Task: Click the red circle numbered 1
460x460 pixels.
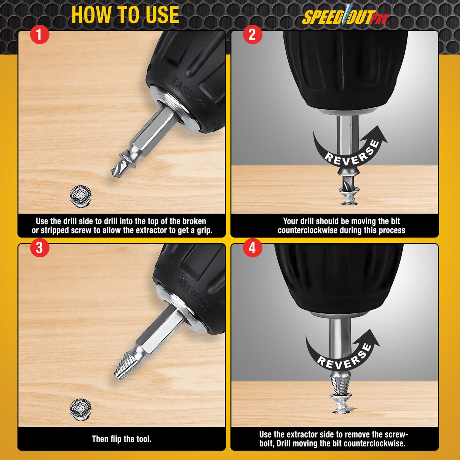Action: pyautogui.click(x=39, y=35)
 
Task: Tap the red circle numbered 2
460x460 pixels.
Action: pyautogui.click(x=252, y=34)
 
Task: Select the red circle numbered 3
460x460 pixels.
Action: pyautogui.click(x=39, y=248)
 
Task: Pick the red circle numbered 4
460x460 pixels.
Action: pyautogui.click(x=252, y=248)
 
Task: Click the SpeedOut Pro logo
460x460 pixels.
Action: pyautogui.click(x=345, y=17)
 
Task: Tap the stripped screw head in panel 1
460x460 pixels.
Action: pyautogui.click(x=81, y=196)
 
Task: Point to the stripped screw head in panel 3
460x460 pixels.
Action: pyautogui.click(x=81, y=409)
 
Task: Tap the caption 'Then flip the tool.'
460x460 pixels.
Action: pyautogui.click(x=122, y=439)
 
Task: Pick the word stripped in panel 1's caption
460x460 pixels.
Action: pyautogui.click(x=57, y=230)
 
